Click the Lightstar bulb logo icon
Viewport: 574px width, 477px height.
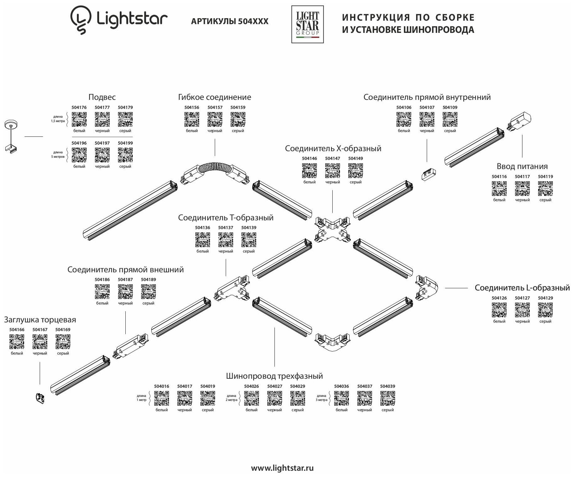pyautogui.click(x=79, y=20)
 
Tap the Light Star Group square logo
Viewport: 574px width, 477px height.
pyautogui.click(x=307, y=24)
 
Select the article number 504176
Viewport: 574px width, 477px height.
pyautogui.click(x=79, y=107)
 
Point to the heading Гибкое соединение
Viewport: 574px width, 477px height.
pyautogui.click(x=214, y=97)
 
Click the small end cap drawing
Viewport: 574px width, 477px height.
pyautogui.click(x=40, y=398)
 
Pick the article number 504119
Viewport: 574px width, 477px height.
pyautogui.click(x=545, y=177)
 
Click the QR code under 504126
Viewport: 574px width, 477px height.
pyautogui.click(x=499, y=310)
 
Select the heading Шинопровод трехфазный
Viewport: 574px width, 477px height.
pyautogui.click(x=274, y=376)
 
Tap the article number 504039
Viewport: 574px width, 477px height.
pyautogui.click(x=387, y=386)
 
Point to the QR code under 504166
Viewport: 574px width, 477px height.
pyautogui.click(x=17, y=341)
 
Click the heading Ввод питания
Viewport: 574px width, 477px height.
pyautogui.click(x=522, y=166)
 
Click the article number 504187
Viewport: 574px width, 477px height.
pyautogui.click(x=125, y=280)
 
